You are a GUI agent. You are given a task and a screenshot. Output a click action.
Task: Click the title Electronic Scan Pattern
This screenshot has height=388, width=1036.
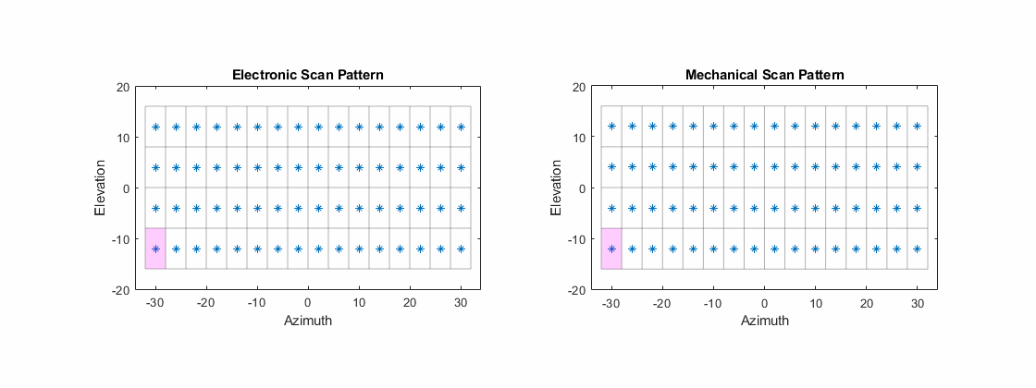[x=308, y=74]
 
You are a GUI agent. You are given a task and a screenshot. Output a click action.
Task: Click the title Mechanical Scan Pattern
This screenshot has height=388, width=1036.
[x=764, y=74]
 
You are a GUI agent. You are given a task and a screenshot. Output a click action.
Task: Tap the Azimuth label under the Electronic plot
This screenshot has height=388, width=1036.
[x=308, y=321]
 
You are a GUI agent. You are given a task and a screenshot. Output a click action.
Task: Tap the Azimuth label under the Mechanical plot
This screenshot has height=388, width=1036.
[x=764, y=321]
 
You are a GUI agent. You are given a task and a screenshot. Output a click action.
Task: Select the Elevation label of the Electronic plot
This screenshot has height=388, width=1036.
[x=101, y=188]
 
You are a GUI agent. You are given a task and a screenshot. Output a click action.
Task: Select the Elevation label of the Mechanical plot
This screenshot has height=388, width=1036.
[x=557, y=188]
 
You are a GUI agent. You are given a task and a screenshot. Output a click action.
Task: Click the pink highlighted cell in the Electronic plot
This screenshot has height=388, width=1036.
[x=155, y=249]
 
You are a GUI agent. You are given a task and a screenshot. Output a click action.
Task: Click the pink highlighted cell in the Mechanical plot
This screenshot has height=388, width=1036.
[x=611, y=249]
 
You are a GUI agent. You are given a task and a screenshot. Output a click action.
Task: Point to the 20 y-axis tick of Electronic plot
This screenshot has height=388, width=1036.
[x=122, y=87]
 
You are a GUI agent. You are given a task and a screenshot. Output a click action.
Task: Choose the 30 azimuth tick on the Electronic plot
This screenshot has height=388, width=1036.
[x=461, y=302]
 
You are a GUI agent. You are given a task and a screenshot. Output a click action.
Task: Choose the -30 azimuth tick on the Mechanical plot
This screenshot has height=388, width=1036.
[x=610, y=302]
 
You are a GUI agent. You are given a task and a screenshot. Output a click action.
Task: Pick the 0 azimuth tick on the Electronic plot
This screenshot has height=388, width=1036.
[x=308, y=302]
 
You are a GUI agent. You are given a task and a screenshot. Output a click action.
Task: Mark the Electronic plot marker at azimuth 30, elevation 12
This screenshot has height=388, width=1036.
[x=461, y=127]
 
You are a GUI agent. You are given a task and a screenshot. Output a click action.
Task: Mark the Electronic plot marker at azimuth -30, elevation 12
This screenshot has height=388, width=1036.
[x=155, y=127]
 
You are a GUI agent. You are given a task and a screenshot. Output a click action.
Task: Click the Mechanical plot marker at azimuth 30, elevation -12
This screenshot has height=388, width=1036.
[x=917, y=249]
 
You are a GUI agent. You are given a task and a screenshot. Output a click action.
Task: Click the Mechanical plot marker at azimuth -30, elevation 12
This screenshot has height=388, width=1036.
[x=611, y=127]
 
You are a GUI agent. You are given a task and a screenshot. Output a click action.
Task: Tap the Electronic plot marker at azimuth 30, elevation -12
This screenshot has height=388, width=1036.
[x=461, y=249]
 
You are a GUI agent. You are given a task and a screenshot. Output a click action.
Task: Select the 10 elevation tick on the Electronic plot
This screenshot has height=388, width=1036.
[x=122, y=138]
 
